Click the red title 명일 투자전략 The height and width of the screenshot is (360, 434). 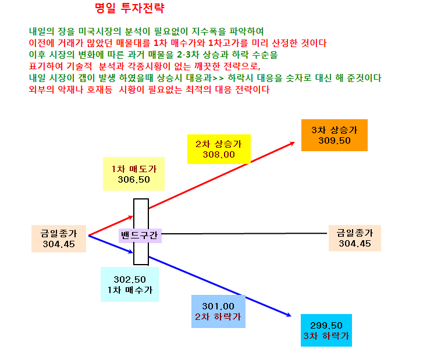130,8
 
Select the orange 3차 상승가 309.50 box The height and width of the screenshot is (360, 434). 335,135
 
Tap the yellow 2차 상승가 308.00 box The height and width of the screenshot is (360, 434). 219,149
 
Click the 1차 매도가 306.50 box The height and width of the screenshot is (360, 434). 134,174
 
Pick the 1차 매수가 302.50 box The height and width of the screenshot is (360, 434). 130,284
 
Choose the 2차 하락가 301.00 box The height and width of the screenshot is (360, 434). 218,311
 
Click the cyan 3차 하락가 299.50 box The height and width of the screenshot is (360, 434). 326,330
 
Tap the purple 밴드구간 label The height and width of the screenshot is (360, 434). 140,236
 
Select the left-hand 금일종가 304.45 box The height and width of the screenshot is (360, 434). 59,238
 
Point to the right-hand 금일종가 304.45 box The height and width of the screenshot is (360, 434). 355,238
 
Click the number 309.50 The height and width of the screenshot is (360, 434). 335,141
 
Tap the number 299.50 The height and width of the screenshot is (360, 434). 326,325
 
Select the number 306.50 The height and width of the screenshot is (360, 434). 134,180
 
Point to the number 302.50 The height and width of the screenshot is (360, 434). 130,280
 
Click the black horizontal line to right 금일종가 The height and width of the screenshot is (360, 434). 244,234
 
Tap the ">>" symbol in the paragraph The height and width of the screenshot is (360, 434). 218,79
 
